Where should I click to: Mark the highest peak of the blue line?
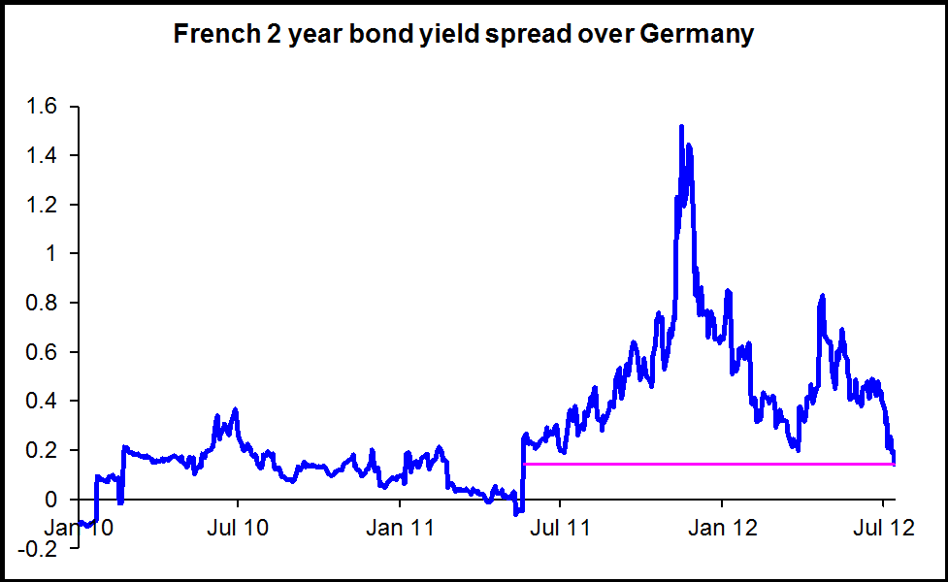click(681, 127)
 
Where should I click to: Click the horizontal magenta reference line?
click(708, 464)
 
